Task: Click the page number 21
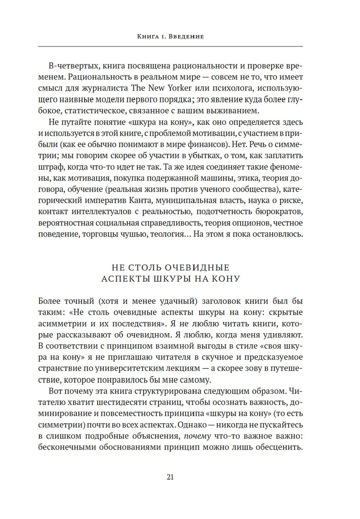pyautogui.click(x=170, y=477)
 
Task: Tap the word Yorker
pyautogui.click(x=179, y=88)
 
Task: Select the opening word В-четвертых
pyautogui.click(x=74, y=66)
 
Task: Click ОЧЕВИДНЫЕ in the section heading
pyautogui.click(x=197, y=268)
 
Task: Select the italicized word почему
pyautogui.click(x=197, y=436)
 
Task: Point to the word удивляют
pyautogui.click(x=282, y=335)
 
